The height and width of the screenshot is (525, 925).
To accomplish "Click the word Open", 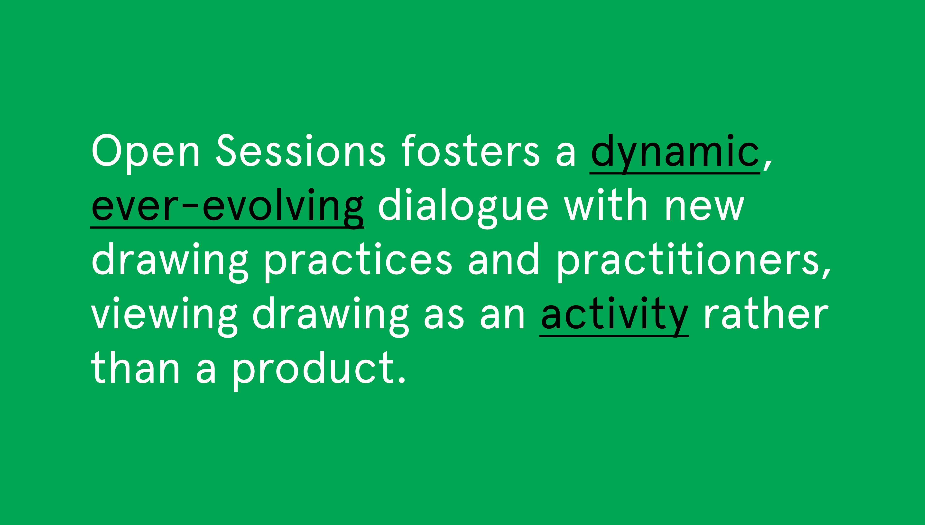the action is point(146,153).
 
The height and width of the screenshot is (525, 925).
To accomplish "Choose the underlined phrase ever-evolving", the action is point(227,208).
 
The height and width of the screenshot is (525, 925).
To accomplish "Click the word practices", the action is point(358,262).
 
